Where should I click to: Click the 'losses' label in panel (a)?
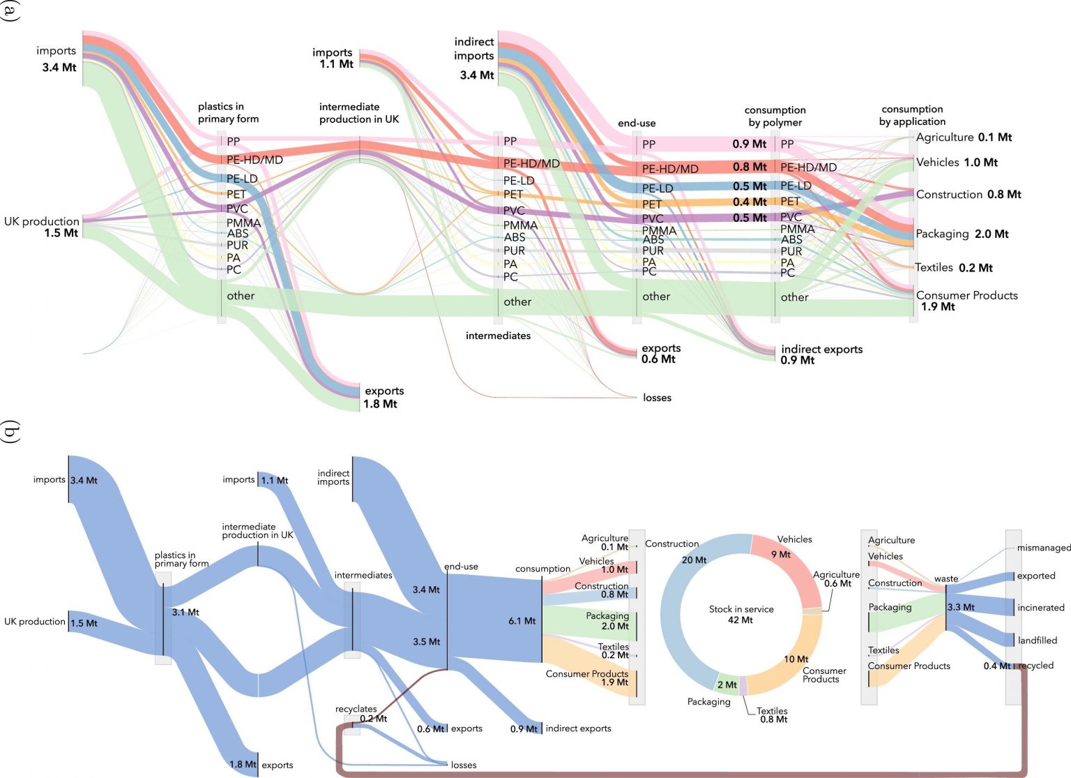pyautogui.click(x=657, y=398)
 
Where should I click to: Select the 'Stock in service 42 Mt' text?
pyautogui.click(x=740, y=614)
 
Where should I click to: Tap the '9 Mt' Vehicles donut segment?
pyautogui.click(x=780, y=555)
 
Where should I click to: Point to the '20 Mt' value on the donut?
pyautogui.click(x=694, y=560)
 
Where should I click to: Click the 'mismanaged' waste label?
pyautogui.click(x=1043, y=548)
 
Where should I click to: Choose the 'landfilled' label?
pyautogui.click(x=1037, y=640)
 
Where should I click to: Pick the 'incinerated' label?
pyautogui.click(x=1040, y=608)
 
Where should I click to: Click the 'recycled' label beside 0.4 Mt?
pyautogui.click(x=1036, y=666)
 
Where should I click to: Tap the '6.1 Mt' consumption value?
pyautogui.click(x=522, y=620)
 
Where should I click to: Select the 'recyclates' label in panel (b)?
pyautogui.click(x=356, y=709)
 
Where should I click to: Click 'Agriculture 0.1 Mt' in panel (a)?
pyautogui.click(x=964, y=137)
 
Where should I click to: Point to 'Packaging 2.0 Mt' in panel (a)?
pyautogui.click(x=962, y=234)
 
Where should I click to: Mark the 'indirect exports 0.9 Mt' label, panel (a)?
pyautogui.click(x=821, y=354)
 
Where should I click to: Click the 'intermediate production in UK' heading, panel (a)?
pyautogui.click(x=359, y=113)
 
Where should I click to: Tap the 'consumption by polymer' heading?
pyautogui.click(x=775, y=116)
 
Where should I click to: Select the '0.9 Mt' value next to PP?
pyautogui.click(x=749, y=144)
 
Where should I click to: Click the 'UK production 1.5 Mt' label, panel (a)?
pyautogui.click(x=42, y=227)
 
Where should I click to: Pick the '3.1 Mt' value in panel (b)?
pyautogui.click(x=185, y=612)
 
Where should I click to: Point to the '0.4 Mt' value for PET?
pyautogui.click(x=750, y=202)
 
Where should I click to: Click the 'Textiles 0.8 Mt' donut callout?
pyautogui.click(x=772, y=715)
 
